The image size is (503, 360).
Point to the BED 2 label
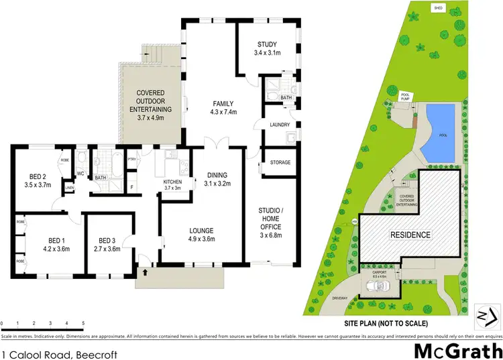(36, 179)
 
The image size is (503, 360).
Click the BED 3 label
(108, 245)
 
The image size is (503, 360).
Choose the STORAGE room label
(280, 162)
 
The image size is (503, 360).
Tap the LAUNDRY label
(278, 125)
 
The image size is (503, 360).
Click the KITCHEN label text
(172, 184)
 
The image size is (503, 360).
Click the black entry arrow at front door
(144, 272)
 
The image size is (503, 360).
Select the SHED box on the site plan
(439, 8)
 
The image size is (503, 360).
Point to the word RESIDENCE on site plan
(411, 235)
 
